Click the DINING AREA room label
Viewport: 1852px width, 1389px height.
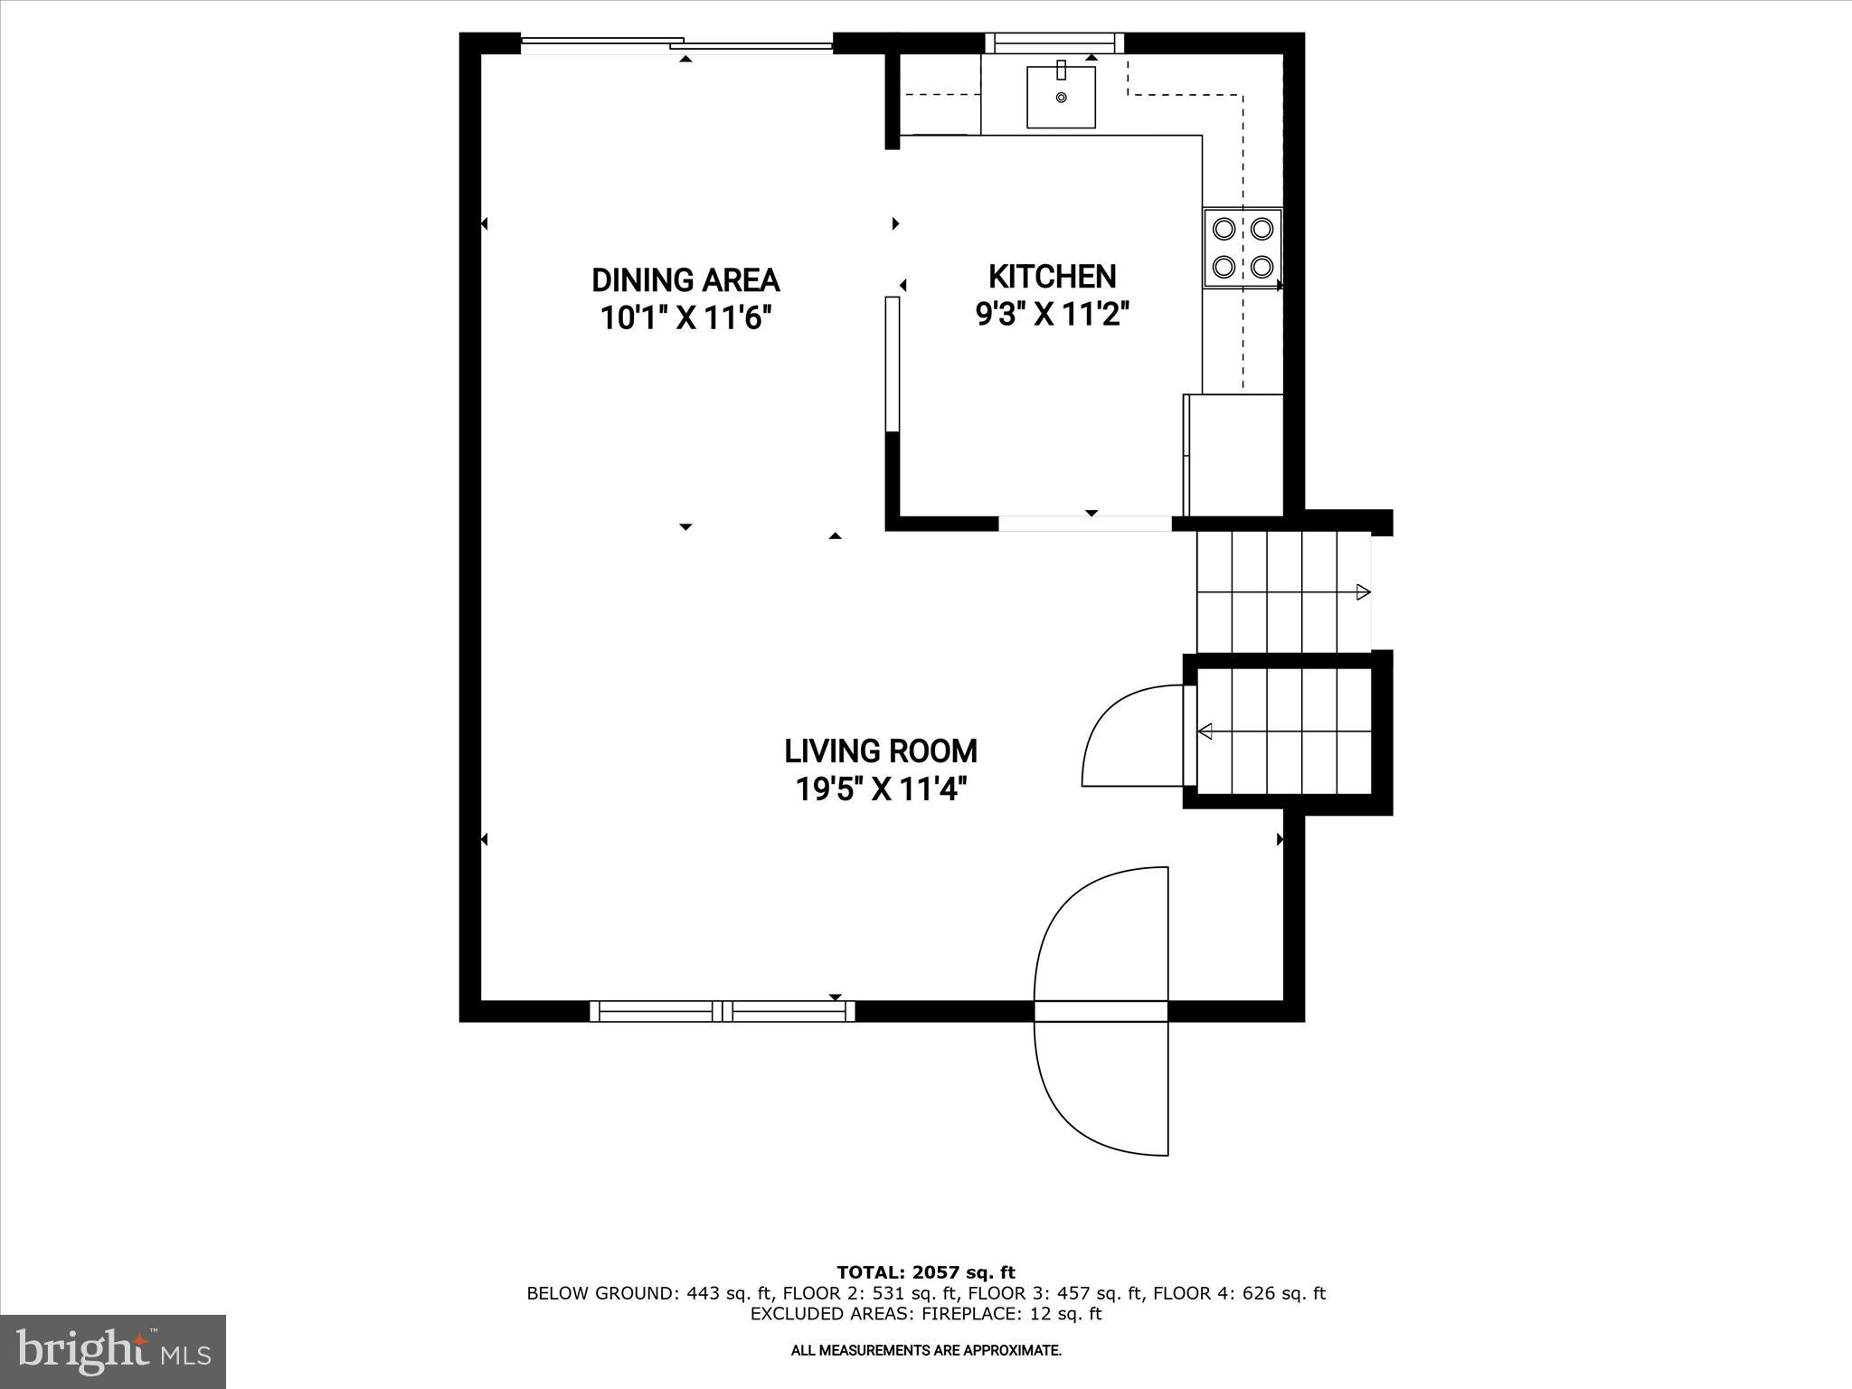tap(685, 280)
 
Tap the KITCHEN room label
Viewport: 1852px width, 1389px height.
tap(1052, 276)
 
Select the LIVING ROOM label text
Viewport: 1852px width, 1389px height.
tap(880, 751)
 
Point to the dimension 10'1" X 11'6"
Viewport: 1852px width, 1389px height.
tap(685, 318)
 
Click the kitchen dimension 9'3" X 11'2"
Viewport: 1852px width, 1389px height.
tap(1053, 314)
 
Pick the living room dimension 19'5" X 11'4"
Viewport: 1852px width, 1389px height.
tap(881, 789)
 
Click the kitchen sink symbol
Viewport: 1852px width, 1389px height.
tap(1061, 96)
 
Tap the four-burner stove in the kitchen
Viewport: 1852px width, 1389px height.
tap(1243, 248)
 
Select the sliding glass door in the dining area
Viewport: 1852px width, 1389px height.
tap(676, 43)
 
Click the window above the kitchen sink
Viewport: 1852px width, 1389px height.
tap(1054, 43)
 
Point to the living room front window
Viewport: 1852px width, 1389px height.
tap(722, 1011)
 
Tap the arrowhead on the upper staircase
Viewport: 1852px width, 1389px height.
tap(1363, 592)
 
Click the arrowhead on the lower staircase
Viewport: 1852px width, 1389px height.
tap(1205, 731)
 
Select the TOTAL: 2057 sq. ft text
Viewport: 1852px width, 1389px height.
tap(926, 1272)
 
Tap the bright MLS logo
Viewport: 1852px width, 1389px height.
tap(113, 1351)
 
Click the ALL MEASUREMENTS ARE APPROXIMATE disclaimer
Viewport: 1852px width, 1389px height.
tap(926, 1350)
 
